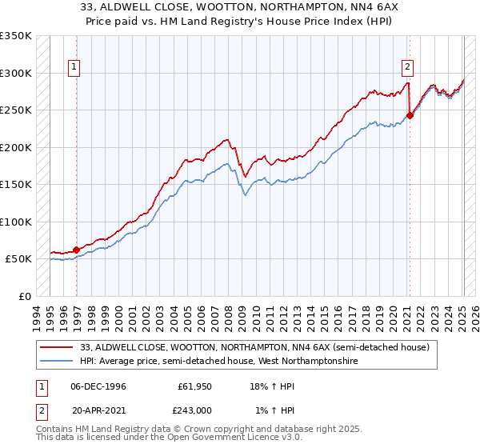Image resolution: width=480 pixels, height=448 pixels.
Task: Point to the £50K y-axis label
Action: (18, 259)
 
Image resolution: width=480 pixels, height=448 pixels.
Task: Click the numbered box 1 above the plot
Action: (74, 68)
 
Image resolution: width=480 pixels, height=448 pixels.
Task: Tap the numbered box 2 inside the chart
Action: (408, 68)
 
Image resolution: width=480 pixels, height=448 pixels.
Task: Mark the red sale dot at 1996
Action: (77, 250)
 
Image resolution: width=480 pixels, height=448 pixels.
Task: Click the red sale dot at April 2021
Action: (410, 115)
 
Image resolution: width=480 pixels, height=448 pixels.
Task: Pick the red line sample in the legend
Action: (58, 348)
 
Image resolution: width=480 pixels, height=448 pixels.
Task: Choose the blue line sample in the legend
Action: (58, 362)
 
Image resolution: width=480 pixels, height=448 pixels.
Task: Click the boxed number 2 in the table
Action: (41, 410)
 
